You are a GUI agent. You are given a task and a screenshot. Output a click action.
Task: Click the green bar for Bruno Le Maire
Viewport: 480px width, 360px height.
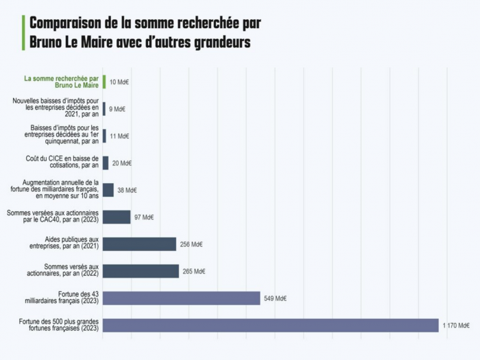pos(104,82)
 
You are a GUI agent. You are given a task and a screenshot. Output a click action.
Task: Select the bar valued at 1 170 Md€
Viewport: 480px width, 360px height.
pos(270,325)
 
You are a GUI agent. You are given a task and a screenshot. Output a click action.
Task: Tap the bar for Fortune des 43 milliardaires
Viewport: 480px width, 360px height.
pos(182,298)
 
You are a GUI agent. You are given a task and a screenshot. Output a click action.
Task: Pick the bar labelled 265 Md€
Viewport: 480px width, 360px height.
pos(141,271)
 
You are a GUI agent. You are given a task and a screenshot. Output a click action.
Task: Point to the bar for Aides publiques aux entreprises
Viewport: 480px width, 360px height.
pos(139,244)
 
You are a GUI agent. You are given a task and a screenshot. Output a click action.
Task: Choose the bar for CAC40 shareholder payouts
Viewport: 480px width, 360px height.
pos(117,217)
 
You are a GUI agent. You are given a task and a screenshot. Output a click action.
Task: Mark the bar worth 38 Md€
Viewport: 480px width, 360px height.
pos(108,190)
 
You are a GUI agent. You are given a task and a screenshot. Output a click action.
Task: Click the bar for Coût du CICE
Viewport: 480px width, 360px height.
pos(106,163)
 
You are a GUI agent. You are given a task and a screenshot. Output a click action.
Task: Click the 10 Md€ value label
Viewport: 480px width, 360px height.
pos(119,82)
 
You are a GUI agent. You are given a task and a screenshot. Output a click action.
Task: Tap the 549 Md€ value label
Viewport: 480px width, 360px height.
pos(275,298)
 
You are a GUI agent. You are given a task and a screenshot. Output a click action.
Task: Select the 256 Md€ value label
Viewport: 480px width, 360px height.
pos(191,244)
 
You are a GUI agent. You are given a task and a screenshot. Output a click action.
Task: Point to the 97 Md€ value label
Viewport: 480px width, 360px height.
pos(143,217)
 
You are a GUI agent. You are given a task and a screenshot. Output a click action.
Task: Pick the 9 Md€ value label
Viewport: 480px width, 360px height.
pos(117,109)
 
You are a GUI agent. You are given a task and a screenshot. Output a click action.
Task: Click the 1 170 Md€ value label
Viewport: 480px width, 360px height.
pos(455,326)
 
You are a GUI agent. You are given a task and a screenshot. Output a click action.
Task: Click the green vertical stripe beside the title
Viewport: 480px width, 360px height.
pos(24,32)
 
